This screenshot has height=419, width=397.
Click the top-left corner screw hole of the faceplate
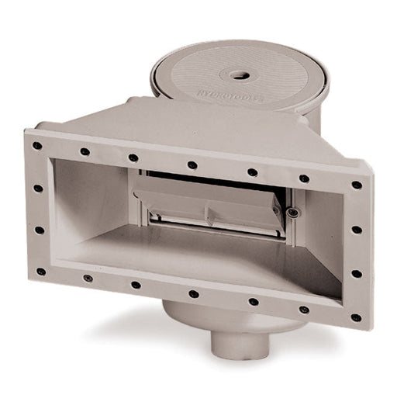37,145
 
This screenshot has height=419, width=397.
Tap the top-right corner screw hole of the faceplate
356,185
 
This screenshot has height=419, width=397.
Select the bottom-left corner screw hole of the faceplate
40,272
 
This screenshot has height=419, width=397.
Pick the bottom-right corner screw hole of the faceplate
355,317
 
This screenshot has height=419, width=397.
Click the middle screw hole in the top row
192,164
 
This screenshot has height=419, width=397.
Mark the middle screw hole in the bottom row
192,294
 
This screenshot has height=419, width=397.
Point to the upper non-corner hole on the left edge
38,188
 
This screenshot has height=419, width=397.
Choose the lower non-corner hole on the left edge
39,230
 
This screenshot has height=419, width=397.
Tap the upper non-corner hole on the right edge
356,230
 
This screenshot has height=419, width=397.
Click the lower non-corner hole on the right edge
356,274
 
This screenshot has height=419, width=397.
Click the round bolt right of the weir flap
292,212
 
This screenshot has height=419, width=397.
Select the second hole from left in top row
85,151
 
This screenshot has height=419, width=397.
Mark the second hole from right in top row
304,178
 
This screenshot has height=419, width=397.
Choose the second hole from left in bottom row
88,278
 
